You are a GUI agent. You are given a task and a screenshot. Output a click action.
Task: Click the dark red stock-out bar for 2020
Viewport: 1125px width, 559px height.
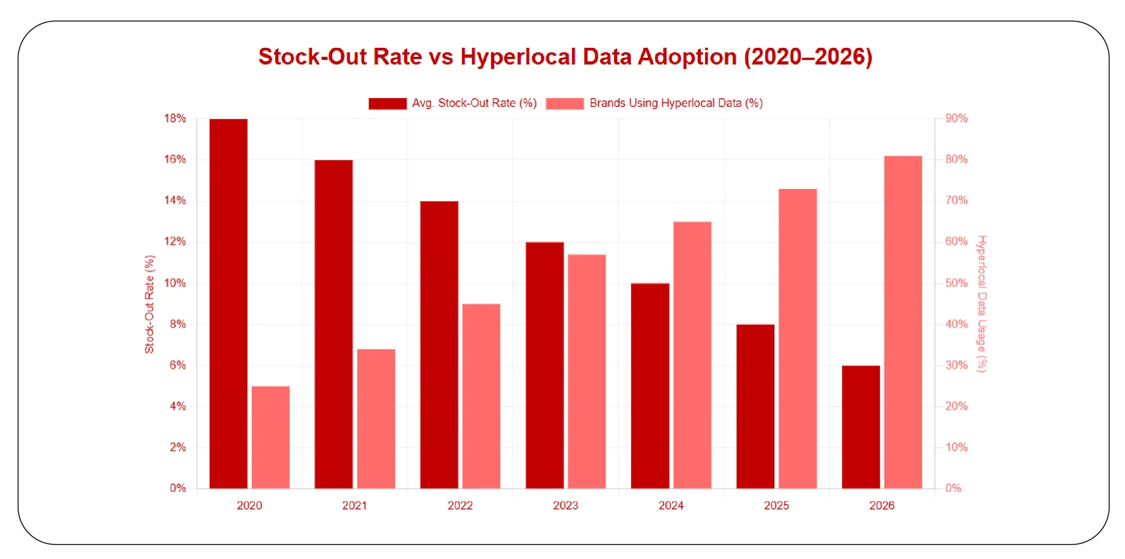point(228,303)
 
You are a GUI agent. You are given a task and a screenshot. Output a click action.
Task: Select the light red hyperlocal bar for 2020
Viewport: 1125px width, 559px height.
point(270,437)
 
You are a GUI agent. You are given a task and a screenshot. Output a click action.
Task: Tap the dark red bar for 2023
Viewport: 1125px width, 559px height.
point(545,365)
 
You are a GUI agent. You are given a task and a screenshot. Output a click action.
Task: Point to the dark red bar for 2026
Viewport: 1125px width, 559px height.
point(861,426)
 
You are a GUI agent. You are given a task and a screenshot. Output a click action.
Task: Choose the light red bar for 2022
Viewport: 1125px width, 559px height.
point(481,396)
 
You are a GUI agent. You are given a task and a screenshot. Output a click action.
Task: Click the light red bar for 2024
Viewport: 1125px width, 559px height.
point(692,354)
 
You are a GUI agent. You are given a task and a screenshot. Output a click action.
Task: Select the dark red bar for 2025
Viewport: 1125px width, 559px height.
point(755,406)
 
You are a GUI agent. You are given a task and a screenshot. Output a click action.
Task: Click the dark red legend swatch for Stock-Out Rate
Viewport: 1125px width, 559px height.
point(387,104)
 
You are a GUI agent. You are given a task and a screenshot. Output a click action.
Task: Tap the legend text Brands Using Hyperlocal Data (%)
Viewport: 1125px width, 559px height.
point(676,103)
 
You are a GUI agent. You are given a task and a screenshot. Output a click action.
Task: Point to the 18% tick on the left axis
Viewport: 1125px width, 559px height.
point(175,119)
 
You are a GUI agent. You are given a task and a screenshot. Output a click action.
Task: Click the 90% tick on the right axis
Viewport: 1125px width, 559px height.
point(956,119)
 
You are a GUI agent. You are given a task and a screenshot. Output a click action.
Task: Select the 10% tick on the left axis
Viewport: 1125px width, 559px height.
point(175,283)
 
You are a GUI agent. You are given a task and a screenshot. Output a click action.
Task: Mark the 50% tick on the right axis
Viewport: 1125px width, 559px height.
point(956,283)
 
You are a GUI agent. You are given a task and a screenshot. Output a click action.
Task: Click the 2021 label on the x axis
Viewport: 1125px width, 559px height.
point(355,505)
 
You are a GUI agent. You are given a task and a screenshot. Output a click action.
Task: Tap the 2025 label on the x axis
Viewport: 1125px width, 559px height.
point(776,505)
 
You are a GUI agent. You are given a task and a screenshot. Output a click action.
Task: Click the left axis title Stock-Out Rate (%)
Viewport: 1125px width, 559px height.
point(149,304)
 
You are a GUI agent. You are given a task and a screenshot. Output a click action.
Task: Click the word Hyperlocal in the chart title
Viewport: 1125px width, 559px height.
point(518,57)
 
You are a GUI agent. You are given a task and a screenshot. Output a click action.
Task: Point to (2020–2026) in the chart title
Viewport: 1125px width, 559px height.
point(808,57)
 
